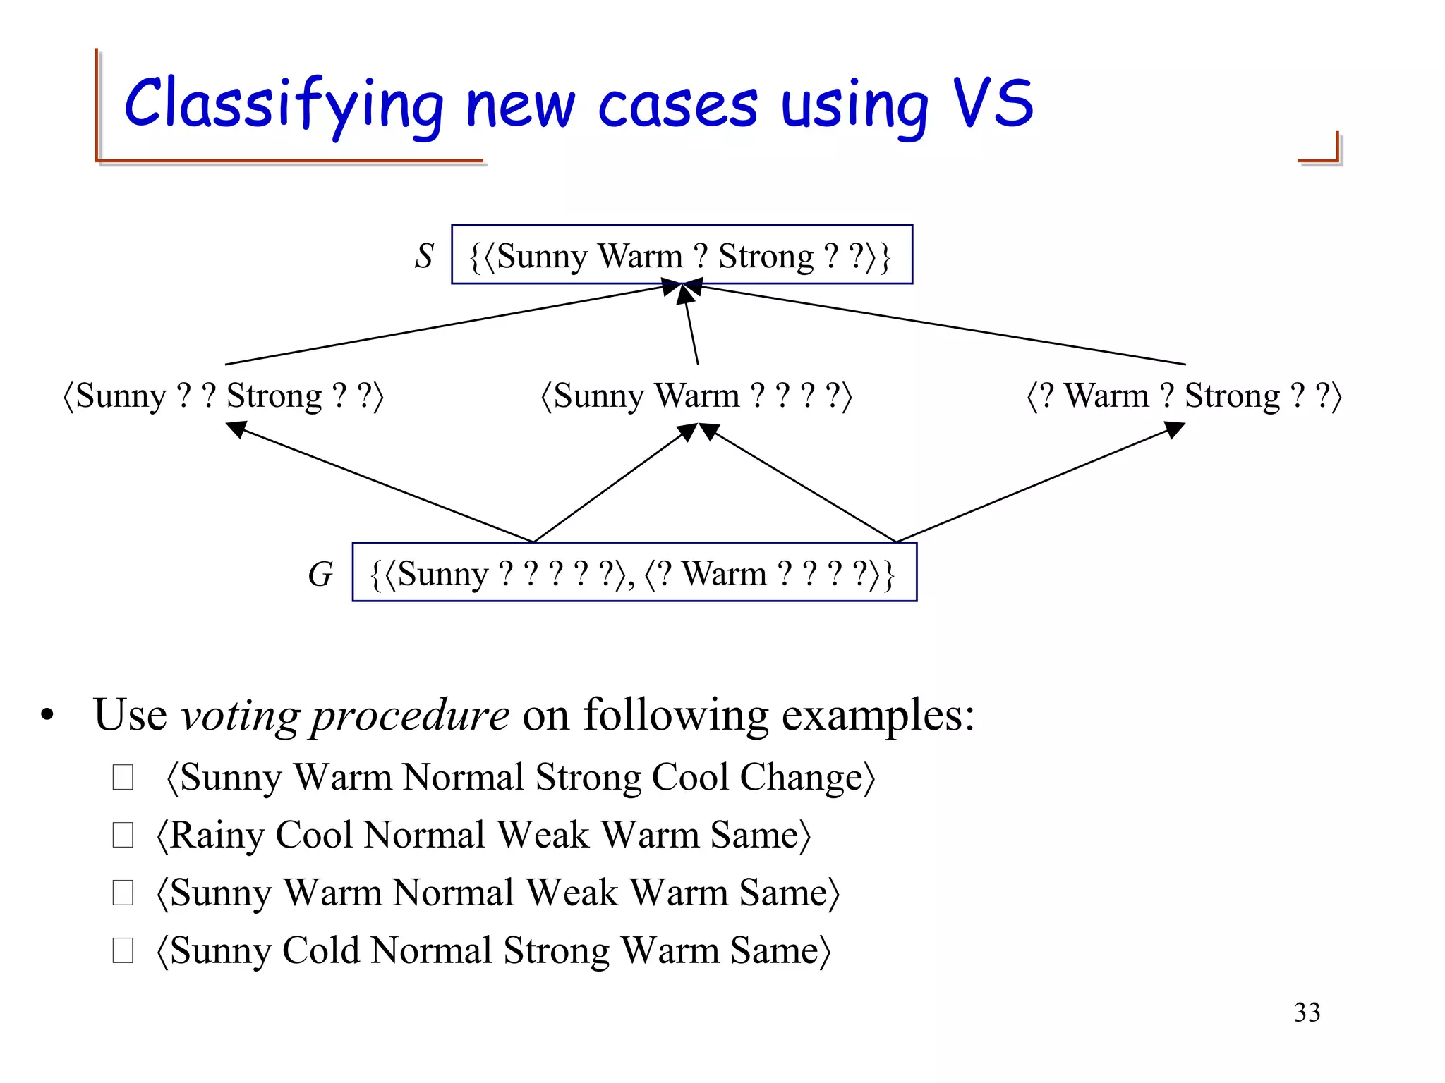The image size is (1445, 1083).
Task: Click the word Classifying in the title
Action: [282, 104]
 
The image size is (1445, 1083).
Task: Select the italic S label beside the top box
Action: [423, 255]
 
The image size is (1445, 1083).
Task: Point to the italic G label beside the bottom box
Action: [320, 573]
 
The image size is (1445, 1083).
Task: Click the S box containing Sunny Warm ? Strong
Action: [682, 255]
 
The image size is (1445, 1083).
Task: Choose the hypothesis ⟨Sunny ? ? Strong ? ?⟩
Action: [223, 396]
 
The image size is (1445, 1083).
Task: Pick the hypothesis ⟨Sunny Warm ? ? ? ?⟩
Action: [696, 396]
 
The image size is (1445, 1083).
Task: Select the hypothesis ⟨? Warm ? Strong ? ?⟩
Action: [1183, 396]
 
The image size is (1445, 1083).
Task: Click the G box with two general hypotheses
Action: [634, 573]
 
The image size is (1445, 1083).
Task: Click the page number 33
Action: [1307, 1012]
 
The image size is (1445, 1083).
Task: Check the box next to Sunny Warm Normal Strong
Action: [123, 778]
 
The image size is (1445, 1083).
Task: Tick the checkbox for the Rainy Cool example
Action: [123, 836]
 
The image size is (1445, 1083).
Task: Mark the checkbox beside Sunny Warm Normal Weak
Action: [123, 893]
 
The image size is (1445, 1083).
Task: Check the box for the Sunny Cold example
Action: [123, 951]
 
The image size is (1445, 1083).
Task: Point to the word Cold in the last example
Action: [320, 951]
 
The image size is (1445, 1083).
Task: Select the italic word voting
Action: [240, 716]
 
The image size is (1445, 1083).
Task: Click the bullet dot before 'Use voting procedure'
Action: [47, 716]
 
